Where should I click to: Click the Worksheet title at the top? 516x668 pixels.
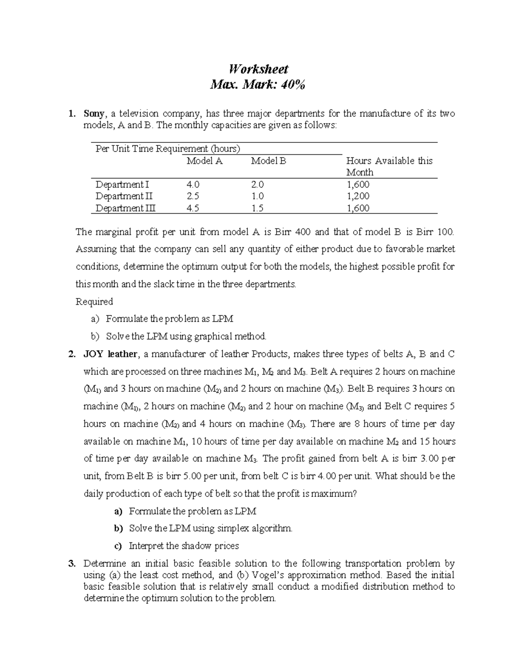click(258, 69)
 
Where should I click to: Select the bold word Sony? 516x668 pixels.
click(94, 114)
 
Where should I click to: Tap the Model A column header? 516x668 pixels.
click(204, 161)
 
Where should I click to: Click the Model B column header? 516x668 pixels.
click(268, 161)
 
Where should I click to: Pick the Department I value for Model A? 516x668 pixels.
click(193, 185)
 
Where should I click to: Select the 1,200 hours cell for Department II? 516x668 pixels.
click(358, 196)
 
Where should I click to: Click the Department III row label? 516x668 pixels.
click(126, 208)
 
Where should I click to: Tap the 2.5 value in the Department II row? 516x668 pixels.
click(193, 196)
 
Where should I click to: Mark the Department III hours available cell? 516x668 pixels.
click(358, 208)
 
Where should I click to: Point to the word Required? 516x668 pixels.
click(94, 302)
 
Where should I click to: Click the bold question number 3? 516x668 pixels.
click(71, 563)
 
